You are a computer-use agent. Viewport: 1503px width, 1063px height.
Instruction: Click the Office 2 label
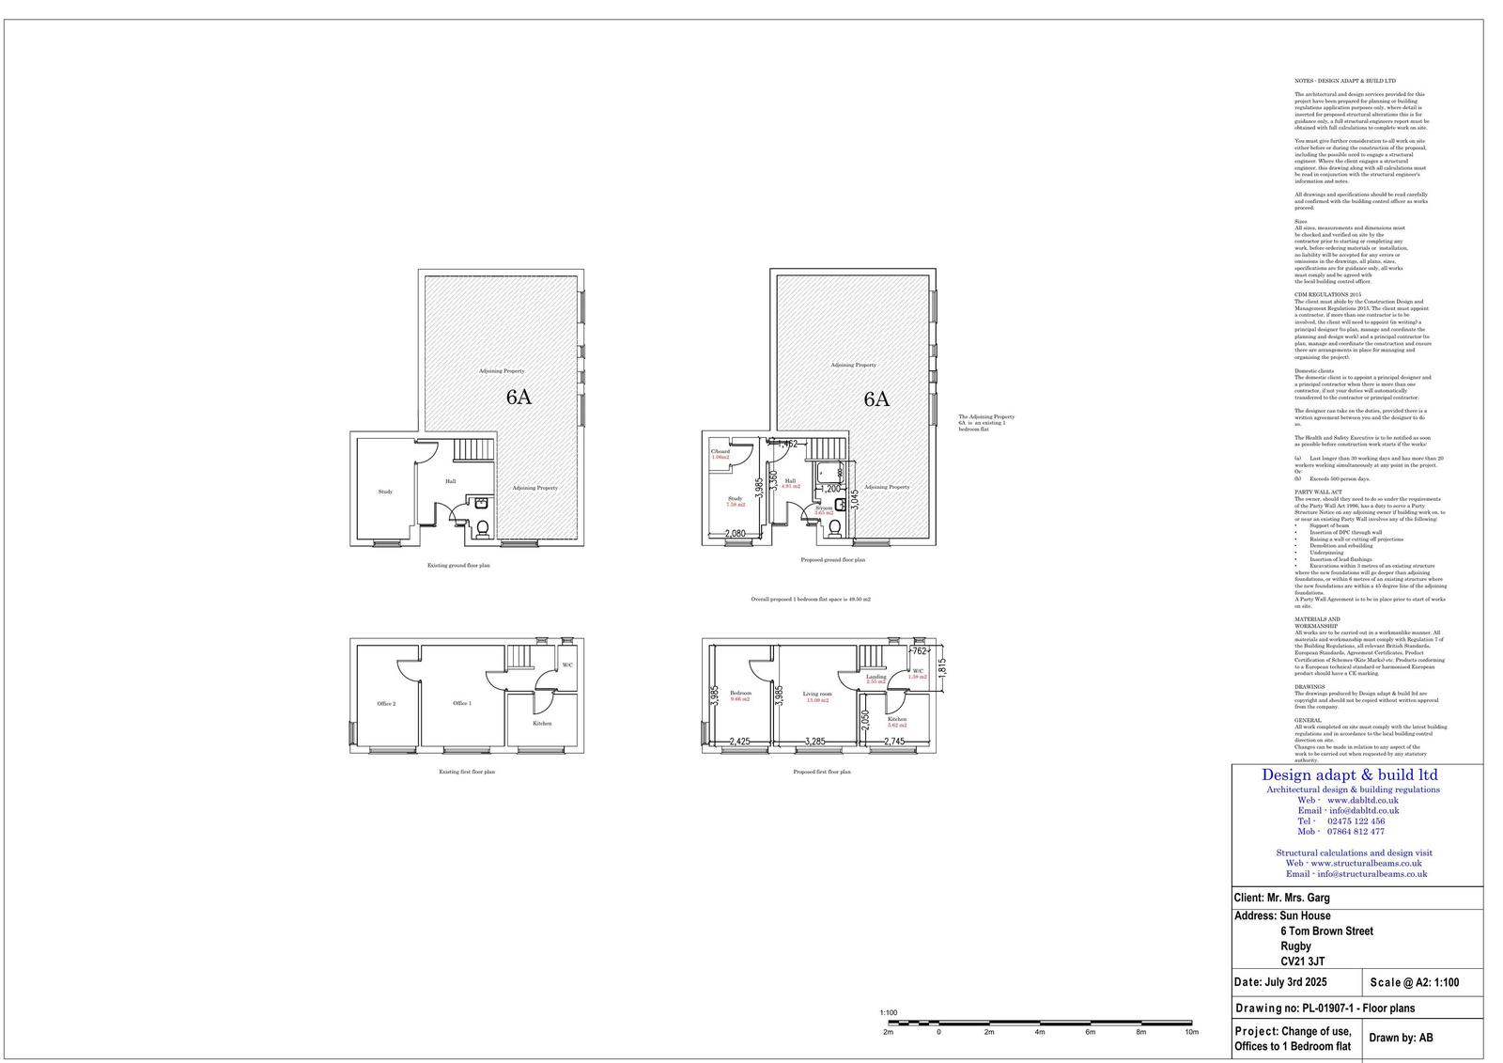[x=386, y=704]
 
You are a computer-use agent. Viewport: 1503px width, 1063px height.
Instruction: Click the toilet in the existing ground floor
[x=483, y=528]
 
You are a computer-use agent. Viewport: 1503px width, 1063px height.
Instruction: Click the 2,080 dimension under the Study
[x=736, y=534]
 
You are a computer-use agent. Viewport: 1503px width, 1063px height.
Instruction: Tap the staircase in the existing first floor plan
[x=521, y=655]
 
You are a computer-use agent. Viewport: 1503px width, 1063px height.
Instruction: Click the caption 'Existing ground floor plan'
[x=458, y=566]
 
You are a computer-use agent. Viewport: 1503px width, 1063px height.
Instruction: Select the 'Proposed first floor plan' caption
[x=822, y=772]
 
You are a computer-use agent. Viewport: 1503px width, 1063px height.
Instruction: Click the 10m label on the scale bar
[x=1191, y=1032]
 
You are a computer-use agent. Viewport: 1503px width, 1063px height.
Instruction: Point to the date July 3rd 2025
[x=1279, y=982]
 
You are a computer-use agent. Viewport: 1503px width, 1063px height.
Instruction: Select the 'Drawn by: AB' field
[x=1401, y=1039]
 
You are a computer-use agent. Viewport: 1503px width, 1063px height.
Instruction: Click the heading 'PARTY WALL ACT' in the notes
[x=1318, y=492]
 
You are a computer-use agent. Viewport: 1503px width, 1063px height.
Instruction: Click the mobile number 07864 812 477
[x=1355, y=832]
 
